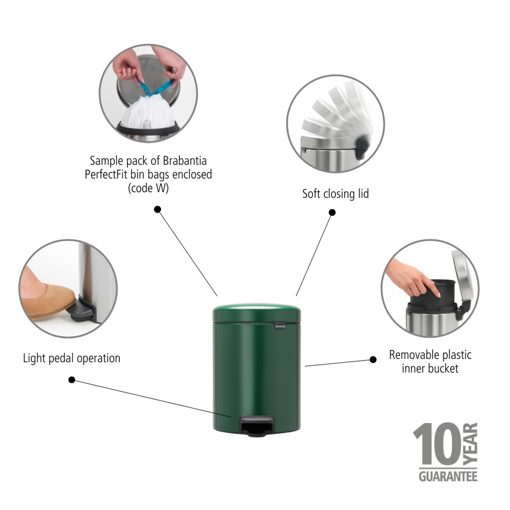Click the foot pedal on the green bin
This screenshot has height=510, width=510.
[x=257, y=427]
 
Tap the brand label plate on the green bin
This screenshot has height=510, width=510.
[x=280, y=326]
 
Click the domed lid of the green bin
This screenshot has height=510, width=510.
[x=257, y=313]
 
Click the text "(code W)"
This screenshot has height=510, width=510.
[x=148, y=188]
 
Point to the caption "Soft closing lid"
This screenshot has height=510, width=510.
[x=336, y=194]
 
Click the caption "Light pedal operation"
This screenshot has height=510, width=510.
[x=71, y=359]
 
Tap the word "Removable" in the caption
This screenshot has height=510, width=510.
[x=412, y=355]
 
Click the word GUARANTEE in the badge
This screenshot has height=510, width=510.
[x=448, y=476]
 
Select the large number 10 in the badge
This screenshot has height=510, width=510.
[x=437, y=444]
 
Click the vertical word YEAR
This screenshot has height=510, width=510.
[x=470, y=444]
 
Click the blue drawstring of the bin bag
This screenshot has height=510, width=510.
[x=155, y=87]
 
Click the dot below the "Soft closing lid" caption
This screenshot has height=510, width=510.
[x=332, y=212]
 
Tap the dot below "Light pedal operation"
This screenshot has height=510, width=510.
[x=72, y=379]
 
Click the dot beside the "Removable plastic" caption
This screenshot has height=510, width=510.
[x=373, y=360]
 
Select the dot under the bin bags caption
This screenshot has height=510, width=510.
[x=158, y=210]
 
